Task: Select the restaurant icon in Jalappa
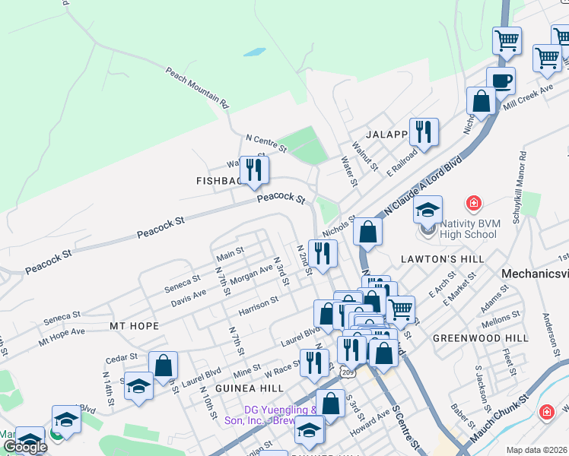click(x=424, y=131)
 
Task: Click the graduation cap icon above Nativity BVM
click(x=428, y=208)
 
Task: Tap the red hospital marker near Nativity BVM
click(x=474, y=204)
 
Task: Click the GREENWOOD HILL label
click(x=469, y=337)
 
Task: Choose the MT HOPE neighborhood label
click(x=134, y=326)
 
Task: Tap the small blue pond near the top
click(x=254, y=54)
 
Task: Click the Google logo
click(x=25, y=447)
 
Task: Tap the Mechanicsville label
click(x=535, y=273)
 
